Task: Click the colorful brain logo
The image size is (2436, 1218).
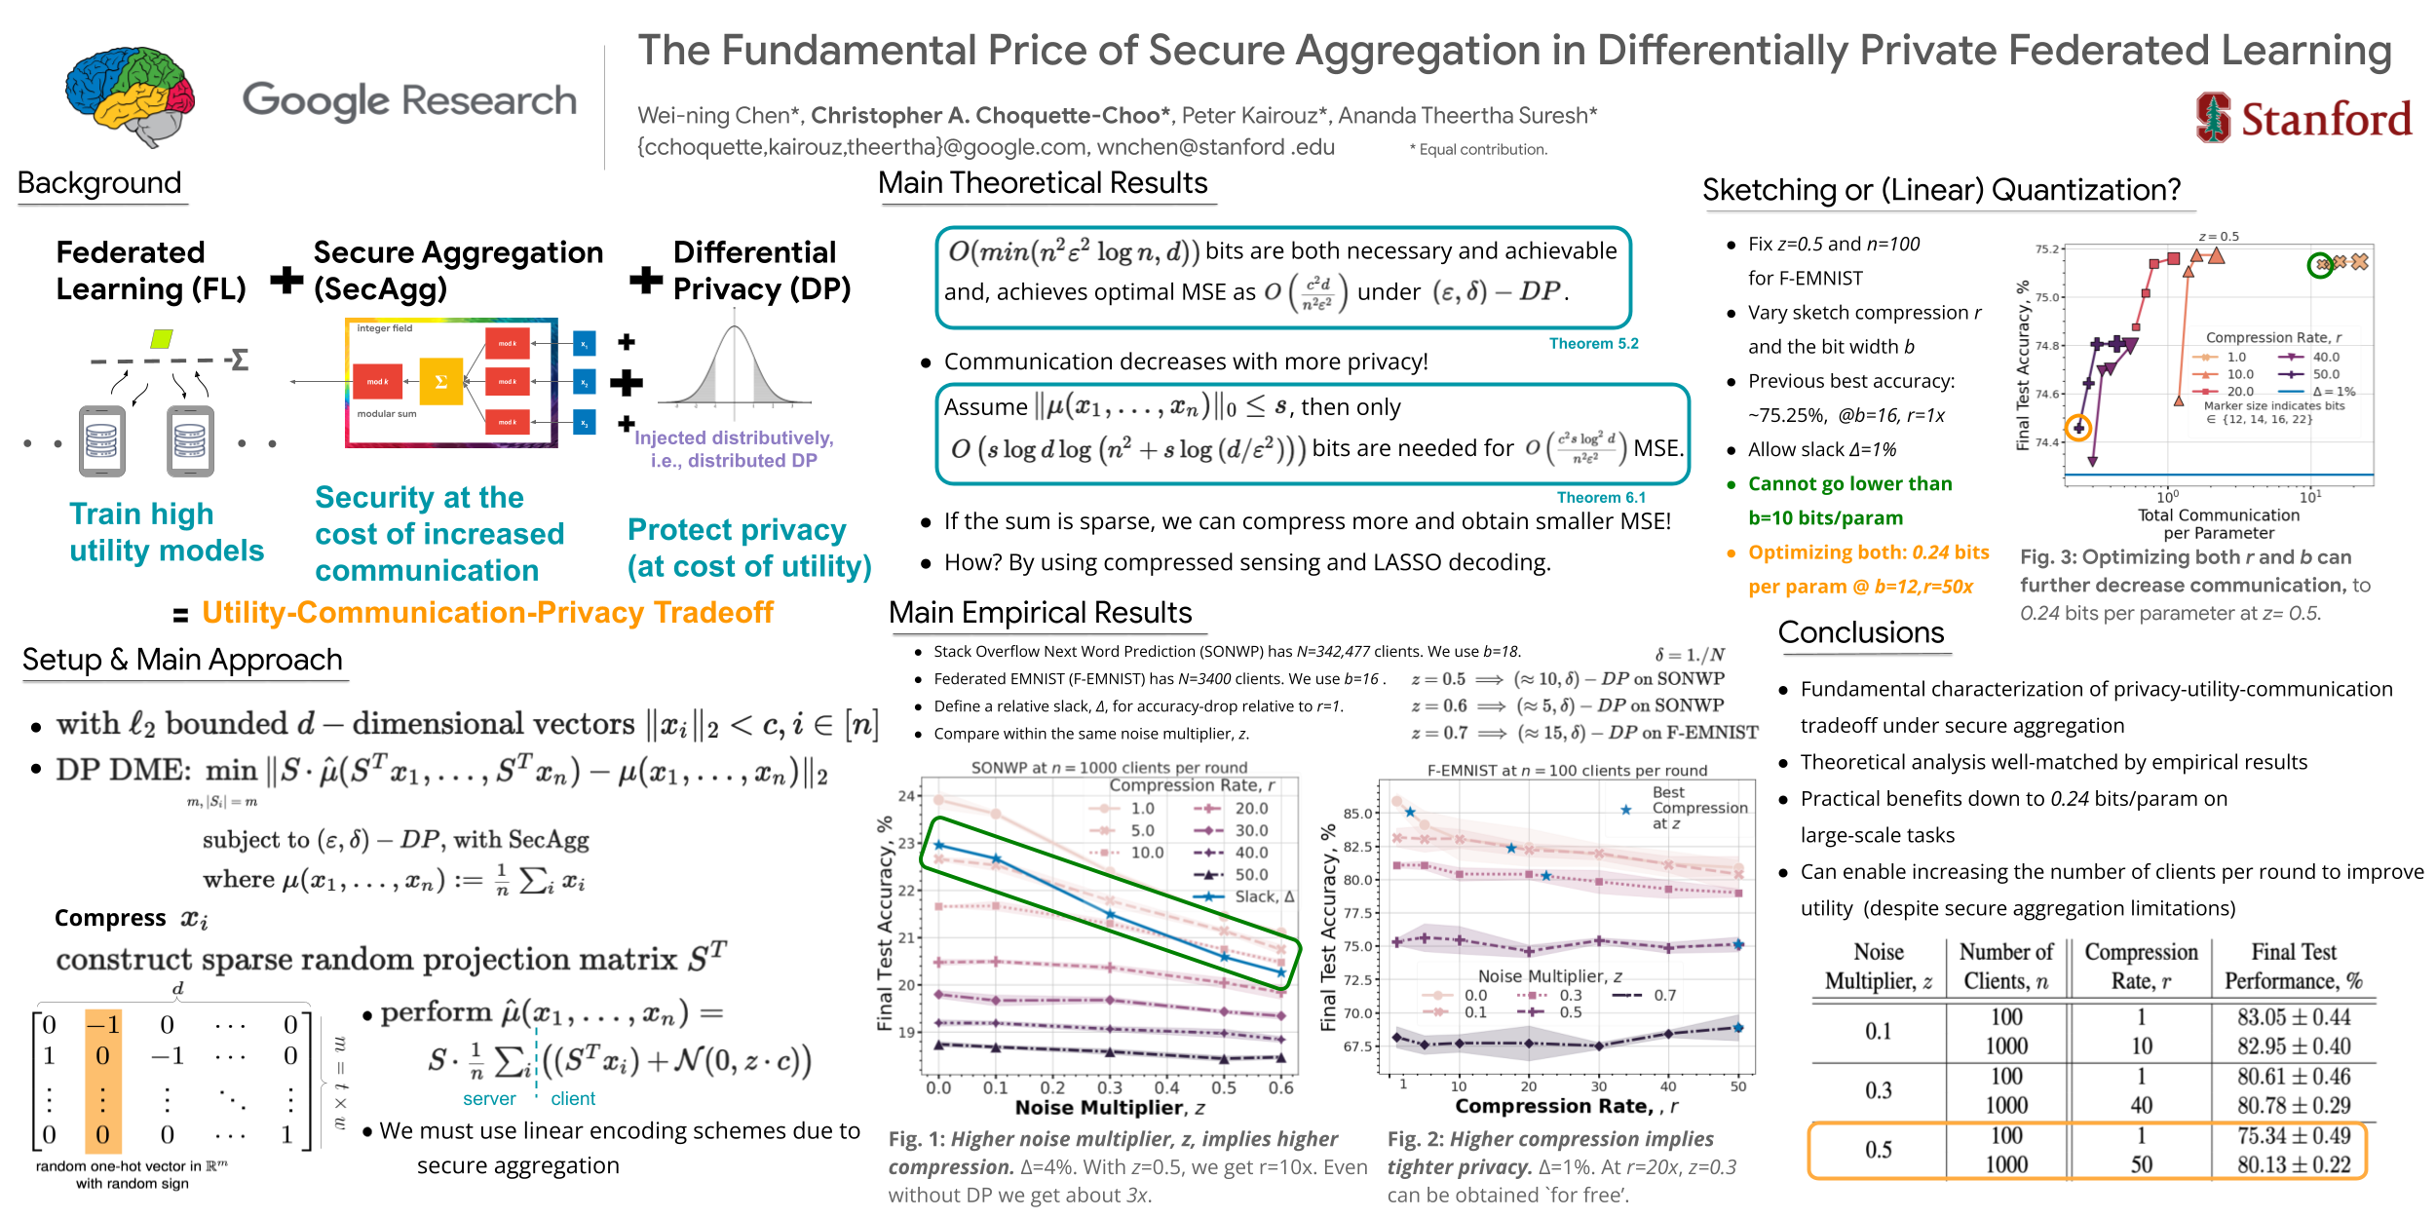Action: (130, 95)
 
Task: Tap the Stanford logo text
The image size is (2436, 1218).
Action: (2325, 120)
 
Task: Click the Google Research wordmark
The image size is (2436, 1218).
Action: (409, 100)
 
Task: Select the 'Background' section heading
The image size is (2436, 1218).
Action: (99, 183)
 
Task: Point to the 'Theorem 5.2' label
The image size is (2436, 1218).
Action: (1593, 344)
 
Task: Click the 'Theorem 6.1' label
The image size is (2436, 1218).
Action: (1600, 498)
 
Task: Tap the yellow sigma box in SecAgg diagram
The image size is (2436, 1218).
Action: (440, 381)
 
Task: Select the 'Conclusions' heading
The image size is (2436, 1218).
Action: (1860, 632)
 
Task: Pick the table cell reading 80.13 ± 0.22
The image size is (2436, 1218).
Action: (2293, 1164)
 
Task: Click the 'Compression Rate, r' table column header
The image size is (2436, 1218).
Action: (2141, 966)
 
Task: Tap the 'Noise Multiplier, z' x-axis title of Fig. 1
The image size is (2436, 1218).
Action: (1110, 1108)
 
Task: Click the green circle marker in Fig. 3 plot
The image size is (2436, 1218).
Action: (2320, 264)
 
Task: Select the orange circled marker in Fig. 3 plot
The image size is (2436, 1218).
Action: (2078, 427)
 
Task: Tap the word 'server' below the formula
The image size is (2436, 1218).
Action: (489, 1099)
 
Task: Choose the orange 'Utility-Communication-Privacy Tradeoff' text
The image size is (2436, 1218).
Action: (487, 613)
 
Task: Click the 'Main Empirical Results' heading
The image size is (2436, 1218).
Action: (1040, 613)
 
